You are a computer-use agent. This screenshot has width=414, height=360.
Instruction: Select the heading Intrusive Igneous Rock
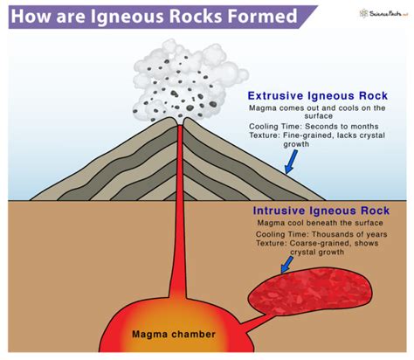(x=322, y=211)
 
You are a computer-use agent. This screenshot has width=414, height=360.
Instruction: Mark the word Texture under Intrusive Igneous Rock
(x=271, y=246)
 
